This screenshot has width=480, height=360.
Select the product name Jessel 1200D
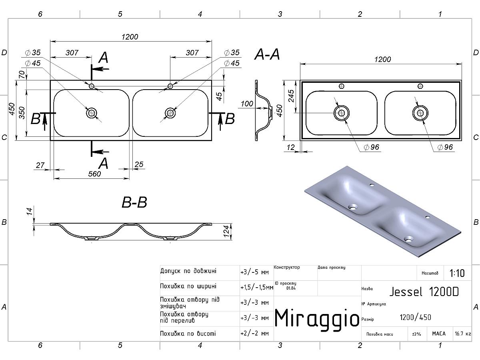[424, 292]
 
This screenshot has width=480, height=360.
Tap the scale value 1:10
[457, 273]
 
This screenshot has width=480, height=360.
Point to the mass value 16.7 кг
[463, 334]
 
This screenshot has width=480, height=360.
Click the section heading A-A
[267, 54]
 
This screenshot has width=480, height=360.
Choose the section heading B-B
[134, 202]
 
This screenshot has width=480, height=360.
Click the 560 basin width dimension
[94, 174]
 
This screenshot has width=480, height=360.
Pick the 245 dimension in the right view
[291, 96]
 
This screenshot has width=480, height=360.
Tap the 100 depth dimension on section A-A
[247, 104]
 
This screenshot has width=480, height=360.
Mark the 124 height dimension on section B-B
[227, 231]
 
